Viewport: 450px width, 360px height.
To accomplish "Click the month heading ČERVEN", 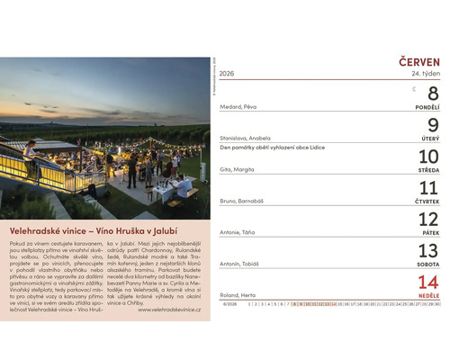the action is [x=418, y=61].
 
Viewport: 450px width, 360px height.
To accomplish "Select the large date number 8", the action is [x=431, y=93].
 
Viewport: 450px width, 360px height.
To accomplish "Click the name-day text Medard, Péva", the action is [x=238, y=106].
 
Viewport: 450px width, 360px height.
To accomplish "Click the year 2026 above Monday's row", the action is [x=227, y=74].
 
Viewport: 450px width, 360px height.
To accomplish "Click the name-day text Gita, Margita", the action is [x=238, y=169].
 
